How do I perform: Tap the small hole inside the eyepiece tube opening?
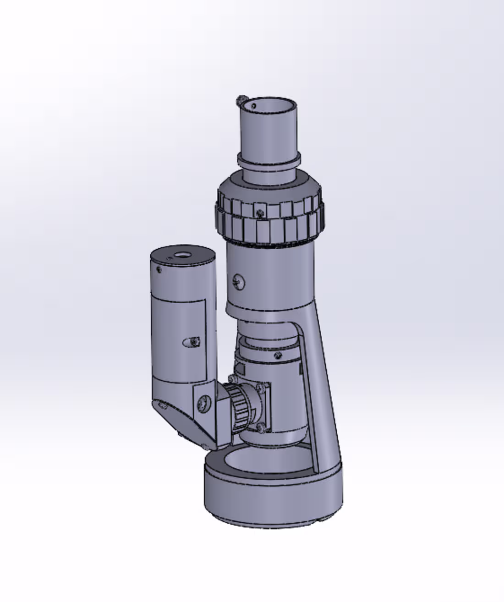tap(253, 106)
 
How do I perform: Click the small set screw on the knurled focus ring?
tap(260, 213)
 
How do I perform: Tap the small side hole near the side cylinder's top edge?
tap(159, 270)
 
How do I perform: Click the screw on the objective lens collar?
tap(277, 356)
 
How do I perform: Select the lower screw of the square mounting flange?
tap(261, 427)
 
